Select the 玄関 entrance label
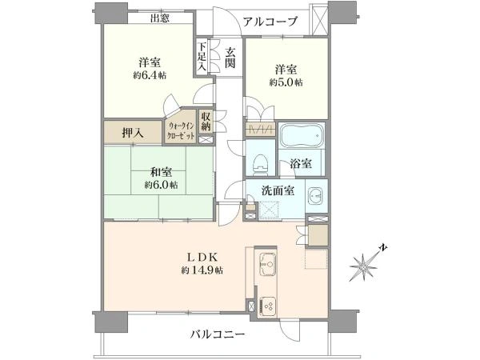(x=230, y=59)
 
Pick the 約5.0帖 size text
(x=286, y=82)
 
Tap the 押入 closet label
(x=133, y=132)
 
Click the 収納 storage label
(x=206, y=122)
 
